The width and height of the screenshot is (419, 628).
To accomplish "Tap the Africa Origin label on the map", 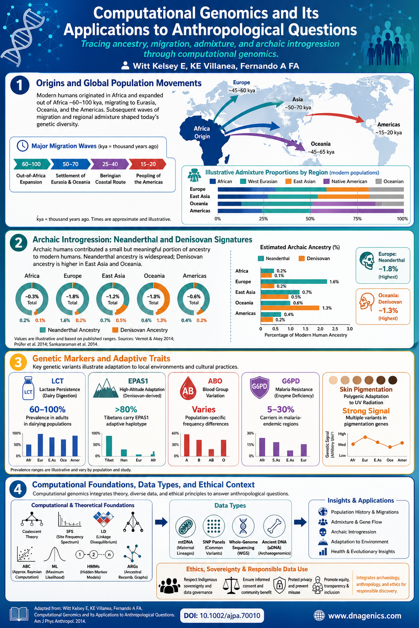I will pos(202,132).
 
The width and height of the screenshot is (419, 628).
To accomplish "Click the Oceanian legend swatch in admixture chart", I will pos(378,182).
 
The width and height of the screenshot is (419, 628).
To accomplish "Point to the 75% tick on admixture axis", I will pos(357,219).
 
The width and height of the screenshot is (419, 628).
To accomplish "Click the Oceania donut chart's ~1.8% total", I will pos(153,299).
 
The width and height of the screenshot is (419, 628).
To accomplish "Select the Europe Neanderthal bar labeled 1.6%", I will pos(294,281).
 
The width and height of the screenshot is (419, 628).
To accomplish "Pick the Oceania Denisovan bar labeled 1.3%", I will pos(290,308).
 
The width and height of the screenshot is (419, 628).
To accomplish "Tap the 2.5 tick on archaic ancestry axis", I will pos(335,329).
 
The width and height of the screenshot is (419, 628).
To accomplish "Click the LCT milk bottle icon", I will pos(28,388).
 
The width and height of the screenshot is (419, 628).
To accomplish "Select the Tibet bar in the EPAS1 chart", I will pos(109,446).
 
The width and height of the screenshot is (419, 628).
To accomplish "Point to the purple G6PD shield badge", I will pos(259,387).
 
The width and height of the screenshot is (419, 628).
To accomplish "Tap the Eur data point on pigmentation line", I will pos(365,437).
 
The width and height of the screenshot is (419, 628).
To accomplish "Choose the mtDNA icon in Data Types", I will pos(185,526).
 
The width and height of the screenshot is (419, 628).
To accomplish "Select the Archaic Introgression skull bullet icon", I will pos(323,532).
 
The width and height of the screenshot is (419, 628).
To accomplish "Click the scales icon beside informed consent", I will pos(231,585).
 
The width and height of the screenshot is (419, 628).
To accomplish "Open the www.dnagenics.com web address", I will pos(364,615).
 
